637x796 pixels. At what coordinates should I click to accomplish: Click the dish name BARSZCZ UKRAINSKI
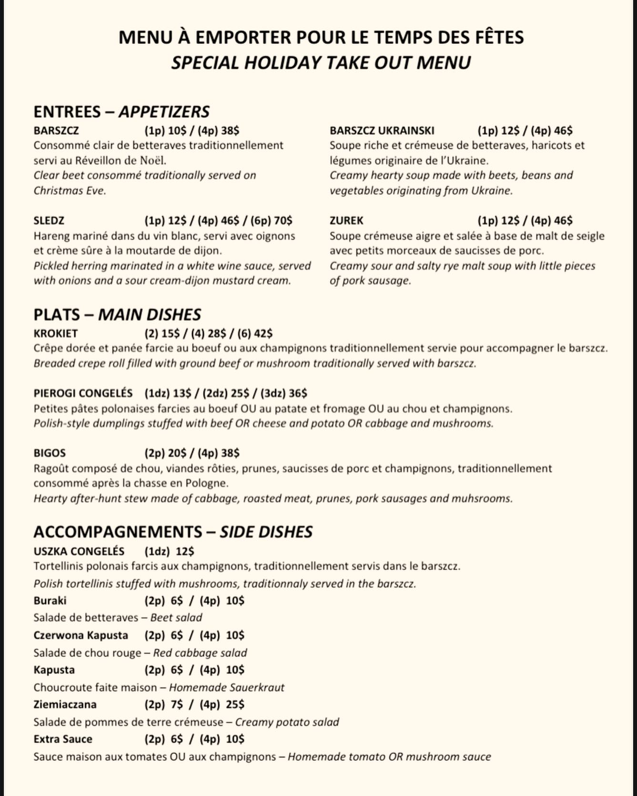[x=382, y=131]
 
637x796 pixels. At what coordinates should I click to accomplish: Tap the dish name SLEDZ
[x=49, y=221]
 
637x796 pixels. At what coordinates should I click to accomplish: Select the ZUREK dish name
[x=346, y=221]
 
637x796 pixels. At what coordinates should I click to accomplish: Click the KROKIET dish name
[x=55, y=333]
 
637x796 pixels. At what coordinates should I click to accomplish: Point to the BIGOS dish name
[x=50, y=453]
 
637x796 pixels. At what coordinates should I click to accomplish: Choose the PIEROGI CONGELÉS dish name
[x=83, y=393]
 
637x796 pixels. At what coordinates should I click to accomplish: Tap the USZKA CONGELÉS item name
[x=79, y=552]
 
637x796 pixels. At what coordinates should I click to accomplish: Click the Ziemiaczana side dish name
[x=65, y=705]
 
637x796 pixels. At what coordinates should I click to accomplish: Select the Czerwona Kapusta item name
[x=81, y=635]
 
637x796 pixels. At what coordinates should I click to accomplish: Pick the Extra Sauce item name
[x=63, y=739]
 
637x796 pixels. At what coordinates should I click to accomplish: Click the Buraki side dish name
[x=50, y=601]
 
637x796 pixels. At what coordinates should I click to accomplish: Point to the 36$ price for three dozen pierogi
[x=298, y=393]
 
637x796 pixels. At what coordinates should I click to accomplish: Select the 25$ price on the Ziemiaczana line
[x=235, y=705]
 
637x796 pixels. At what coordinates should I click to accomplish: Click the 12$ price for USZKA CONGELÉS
[x=185, y=552]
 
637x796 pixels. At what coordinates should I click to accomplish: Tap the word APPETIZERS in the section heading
[x=164, y=111]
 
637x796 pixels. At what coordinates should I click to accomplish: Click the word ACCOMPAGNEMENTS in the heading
[x=118, y=532]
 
